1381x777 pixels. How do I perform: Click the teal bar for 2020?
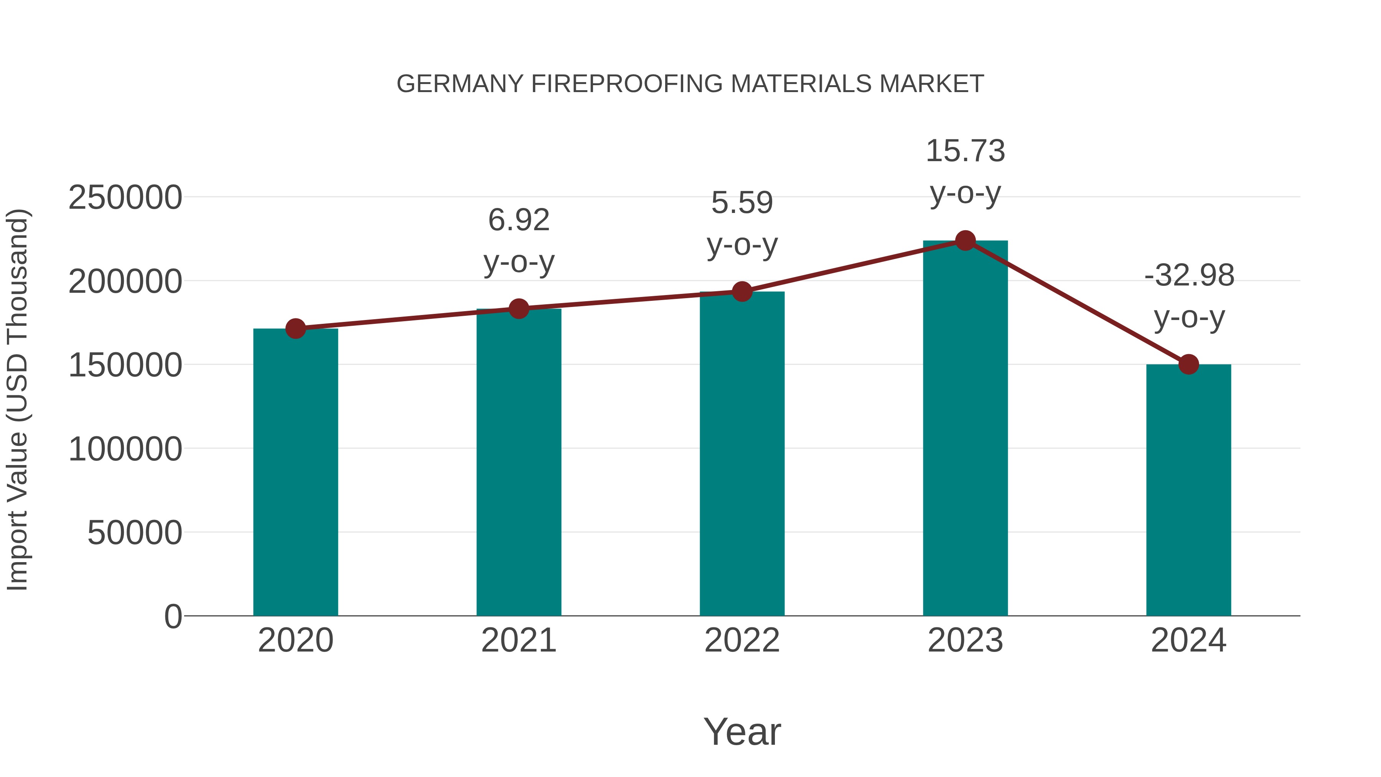tap(295, 472)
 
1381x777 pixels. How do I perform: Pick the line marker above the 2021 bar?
tap(518, 308)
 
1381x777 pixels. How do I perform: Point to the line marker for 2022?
tap(742, 292)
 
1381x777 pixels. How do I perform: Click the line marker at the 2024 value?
tap(1188, 364)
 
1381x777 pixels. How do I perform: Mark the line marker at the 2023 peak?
tap(965, 241)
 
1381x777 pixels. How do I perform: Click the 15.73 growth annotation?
tap(965, 151)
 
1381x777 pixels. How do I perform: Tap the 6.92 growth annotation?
tap(518, 220)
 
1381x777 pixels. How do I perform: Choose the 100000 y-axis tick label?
tap(125, 449)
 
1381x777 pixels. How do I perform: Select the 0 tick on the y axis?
tap(173, 616)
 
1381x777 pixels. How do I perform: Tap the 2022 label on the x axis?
tap(742, 640)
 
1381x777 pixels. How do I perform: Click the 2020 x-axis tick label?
tap(295, 640)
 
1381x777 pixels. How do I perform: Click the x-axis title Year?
tap(742, 731)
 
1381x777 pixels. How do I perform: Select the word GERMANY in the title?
tap(460, 84)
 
